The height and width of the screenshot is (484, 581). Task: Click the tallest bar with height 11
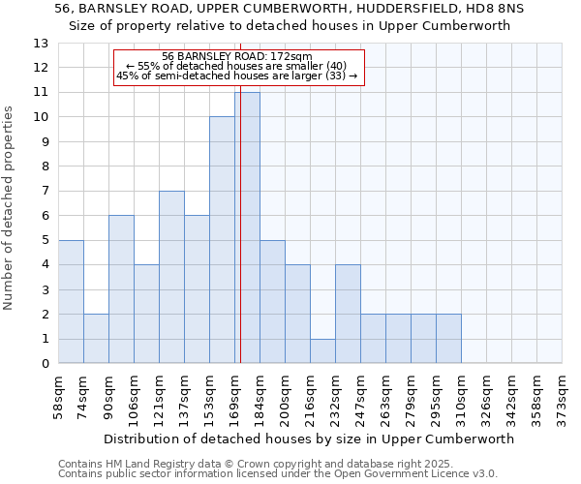tap(247, 227)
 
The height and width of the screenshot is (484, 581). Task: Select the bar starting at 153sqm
tap(222, 240)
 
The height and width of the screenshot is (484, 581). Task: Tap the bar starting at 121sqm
tap(171, 277)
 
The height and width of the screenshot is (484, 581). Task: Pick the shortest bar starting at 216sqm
tap(322, 351)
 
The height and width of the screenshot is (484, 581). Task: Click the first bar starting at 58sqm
tap(71, 302)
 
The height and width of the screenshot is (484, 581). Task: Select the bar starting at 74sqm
tap(96, 339)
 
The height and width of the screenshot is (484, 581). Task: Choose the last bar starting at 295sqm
tap(448, 339)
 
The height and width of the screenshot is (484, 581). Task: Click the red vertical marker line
tap(239, 223)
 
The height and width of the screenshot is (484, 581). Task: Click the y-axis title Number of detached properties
tap(9, 208)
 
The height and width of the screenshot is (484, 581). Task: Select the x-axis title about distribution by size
tap(309, 439)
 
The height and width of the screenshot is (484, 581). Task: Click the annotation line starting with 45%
tap(237, 76)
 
